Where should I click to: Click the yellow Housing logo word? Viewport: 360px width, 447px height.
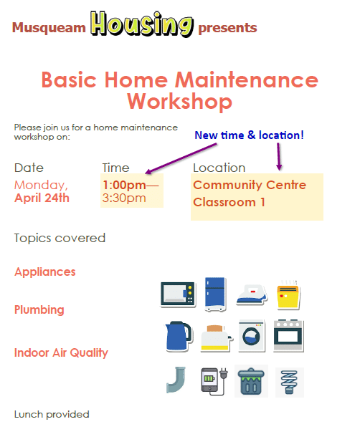[x=142, y=24]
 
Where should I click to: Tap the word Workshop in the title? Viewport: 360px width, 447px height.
[x=179, y=101]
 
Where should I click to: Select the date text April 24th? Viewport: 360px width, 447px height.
[x=42, y=198]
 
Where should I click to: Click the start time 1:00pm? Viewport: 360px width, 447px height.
[x=124, y=185]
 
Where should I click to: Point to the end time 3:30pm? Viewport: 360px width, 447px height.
[x=124, y=198]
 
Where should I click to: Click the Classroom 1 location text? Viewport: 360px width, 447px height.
[x=229, y=202]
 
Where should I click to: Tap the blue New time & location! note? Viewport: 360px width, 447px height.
[x=249, y=135]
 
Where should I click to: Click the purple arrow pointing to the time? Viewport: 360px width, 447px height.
[x=181, y=158]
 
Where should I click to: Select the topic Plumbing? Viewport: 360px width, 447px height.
[x=39, y=309]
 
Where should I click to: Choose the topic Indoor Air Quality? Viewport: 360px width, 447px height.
[x=61, y=353]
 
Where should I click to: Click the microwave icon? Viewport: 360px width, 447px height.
[x=178, y=294]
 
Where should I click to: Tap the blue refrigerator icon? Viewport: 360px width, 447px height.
[x=215, y=294]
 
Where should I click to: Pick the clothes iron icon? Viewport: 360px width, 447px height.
[x=252, y=295]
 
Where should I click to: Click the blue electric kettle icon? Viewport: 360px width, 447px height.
[x=179, y=337]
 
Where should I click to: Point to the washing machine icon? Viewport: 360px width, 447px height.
[x=252, y=336]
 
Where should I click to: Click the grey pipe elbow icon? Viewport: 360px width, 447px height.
[x=176, y=380]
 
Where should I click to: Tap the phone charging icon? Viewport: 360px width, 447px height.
[x=214, y=381]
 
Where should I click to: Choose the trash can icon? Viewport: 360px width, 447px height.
[x=251, y=381]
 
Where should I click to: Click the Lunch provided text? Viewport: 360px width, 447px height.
[x=52, y=414]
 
